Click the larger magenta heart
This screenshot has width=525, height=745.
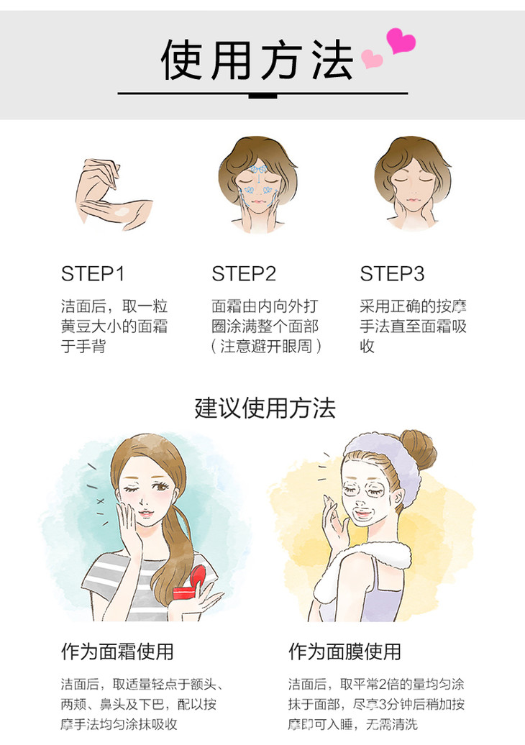pyautogui.click(x=401, y=41)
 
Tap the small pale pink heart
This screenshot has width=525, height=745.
pyautogui.click(x=372, y=58)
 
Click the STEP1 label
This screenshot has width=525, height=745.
pyautogui.click(x=93, y=274)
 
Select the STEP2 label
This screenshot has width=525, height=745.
pyautogui.click(x=244, y=274)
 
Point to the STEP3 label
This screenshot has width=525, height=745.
pyautogui.click(x=392, y=274)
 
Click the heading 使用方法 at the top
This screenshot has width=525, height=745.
pyautogui.click(x=257, y=60)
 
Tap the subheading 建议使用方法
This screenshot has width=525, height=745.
pyautogui.click(x=265, y=408)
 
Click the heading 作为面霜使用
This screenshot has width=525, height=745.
pyautogui.click(x=117, y=652)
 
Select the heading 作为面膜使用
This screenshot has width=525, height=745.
pyautogui.click(x=345, y=652)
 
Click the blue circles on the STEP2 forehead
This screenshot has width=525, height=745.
pyautogui.click(x=258, y=170)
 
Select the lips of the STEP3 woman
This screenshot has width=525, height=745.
pyautogui.click(x=412, y=200)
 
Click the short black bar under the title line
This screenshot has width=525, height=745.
pyautogui.click(x=262, y=96)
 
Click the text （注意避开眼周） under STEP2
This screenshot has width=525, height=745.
pyautogui.click(x=266, y=346)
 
